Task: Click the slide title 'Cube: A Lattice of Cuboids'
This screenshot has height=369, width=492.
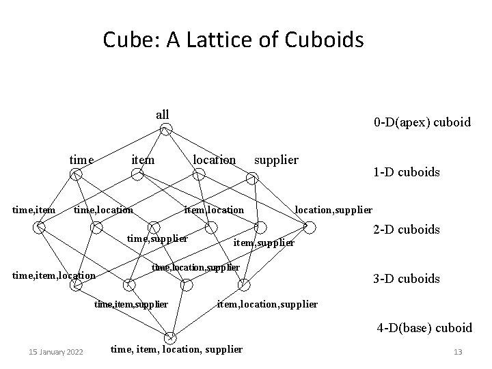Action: click(233, 41)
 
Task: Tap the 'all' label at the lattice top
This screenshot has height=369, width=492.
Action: click(163, 114)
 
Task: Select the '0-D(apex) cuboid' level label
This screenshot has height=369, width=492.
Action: click(422, 122)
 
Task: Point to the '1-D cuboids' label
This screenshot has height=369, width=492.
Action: click(407, 172)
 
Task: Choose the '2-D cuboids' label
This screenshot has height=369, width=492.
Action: click(406, 230)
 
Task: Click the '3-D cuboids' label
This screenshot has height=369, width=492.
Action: click(406, 279)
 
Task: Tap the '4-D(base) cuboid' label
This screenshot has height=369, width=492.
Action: click(424, 328)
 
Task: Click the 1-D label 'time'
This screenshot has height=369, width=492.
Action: click(81, 160)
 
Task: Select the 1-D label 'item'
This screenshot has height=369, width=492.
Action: click(142, 160)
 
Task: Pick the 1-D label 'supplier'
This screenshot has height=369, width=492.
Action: click(276, 160)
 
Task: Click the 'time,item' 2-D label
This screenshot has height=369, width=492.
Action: click(34, 209)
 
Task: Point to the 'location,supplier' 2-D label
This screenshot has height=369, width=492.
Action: click(333, 209)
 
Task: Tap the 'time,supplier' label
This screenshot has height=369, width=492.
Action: click(158, 238)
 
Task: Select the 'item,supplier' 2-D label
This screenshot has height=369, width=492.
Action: click(264, 243)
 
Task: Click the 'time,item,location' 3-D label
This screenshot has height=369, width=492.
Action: click(55, 275)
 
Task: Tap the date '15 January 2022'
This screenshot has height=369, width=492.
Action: click(56, 352)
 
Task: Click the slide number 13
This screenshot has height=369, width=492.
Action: click(458, 352)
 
